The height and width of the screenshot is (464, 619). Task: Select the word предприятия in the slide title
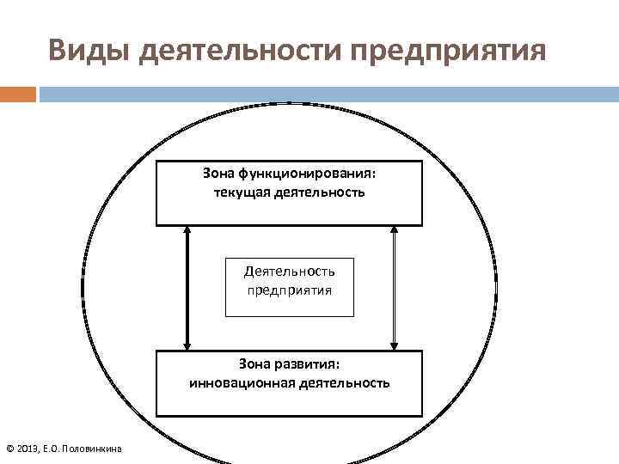(447, 51)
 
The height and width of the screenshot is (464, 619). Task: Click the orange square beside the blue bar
(17, 94)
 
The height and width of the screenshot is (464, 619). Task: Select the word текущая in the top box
(242, 192)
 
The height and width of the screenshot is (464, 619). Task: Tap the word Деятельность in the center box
(289, 271)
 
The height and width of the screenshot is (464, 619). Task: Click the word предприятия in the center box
(289, 290)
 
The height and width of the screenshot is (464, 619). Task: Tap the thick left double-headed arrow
(187, 287)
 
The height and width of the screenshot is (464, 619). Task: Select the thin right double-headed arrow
(394, 287)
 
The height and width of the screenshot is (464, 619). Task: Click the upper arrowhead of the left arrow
(187, 231)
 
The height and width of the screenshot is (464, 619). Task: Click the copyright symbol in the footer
(9, 449)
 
